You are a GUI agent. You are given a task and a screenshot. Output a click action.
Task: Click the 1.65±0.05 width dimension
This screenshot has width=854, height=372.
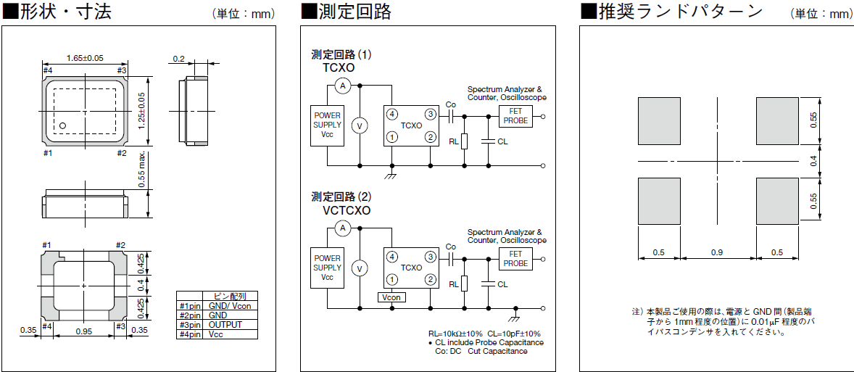coord(85,58)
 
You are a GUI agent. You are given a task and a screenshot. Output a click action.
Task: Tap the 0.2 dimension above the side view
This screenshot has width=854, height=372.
coord(179,59)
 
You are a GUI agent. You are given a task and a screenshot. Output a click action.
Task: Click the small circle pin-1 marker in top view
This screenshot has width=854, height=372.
coord(62,125)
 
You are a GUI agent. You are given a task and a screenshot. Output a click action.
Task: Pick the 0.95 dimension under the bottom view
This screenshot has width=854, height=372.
coord(84,331)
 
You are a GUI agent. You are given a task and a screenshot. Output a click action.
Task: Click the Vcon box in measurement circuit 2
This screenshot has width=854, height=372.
coord(391,297)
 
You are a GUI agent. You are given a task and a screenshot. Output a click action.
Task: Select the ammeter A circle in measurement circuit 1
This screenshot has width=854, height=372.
coord(344,86)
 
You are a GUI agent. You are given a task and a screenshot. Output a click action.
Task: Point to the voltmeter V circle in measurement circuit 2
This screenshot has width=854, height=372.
coord(357,268)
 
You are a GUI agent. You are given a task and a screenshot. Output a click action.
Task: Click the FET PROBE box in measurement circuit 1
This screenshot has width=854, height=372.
coord(515,115)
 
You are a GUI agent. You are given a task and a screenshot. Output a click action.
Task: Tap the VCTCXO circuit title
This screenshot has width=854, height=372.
coord(346,210)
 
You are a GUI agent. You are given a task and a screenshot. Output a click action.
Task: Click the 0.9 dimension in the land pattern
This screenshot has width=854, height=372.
coord(717,252)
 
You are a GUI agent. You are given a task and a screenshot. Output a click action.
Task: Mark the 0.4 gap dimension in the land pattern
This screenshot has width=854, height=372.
coord(813,160)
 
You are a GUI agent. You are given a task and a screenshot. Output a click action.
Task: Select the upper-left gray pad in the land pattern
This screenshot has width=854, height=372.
coord(658,121)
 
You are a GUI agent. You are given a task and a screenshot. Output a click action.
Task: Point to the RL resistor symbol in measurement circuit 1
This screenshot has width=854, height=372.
coord(464,141)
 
